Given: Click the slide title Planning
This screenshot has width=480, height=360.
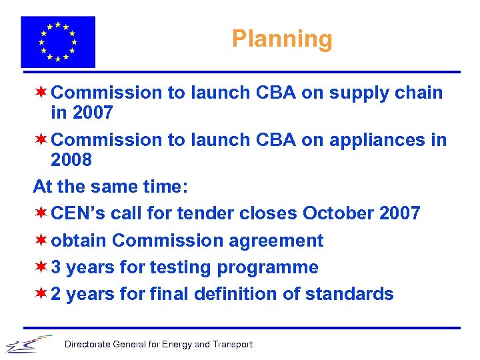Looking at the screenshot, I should [x=281, y=39].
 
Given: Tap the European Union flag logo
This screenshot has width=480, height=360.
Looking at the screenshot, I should [x=58, y=42].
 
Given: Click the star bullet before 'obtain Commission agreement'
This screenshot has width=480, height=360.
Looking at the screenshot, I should [x=41, y=239].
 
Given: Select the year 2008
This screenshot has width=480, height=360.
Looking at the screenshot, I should [x=71, y=161].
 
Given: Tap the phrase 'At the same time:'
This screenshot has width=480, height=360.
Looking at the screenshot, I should [x=111, y=187].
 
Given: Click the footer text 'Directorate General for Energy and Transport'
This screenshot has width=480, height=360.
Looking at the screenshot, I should [x=158, y=345].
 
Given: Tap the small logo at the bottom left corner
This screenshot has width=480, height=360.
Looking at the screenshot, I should [x=28, y=343].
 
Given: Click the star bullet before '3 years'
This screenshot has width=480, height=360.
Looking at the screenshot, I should [x=41, y=267].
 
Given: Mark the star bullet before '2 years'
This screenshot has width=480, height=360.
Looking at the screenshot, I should [x=41, y=293].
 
